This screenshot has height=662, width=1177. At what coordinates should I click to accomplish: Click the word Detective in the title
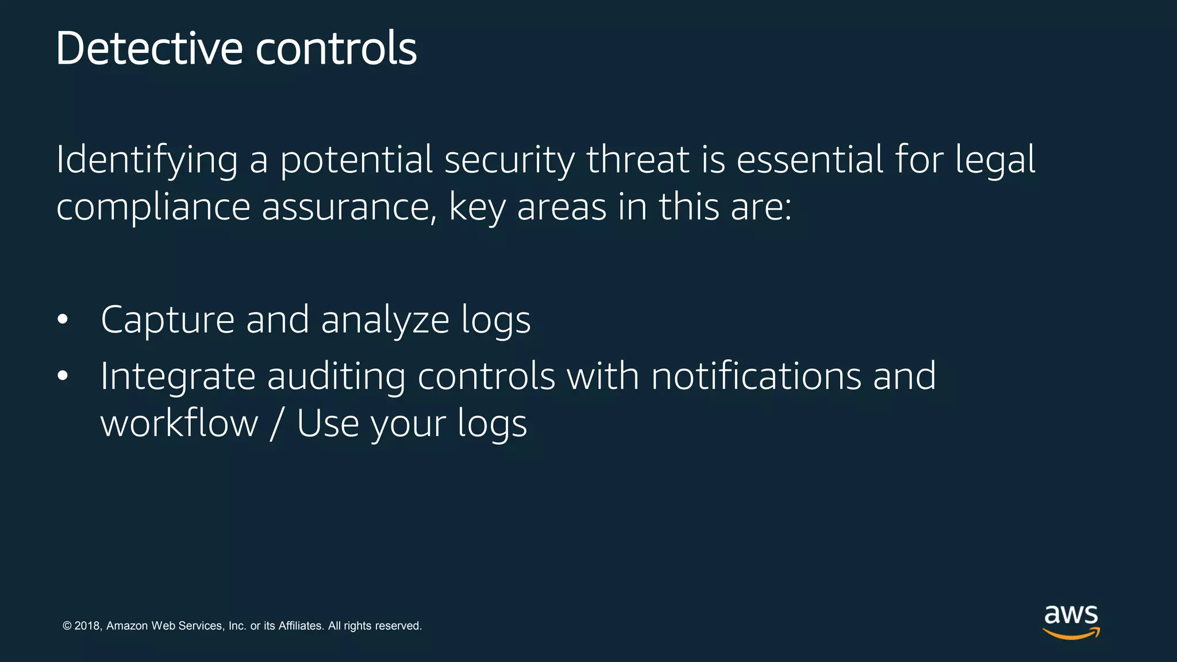pos(149,48)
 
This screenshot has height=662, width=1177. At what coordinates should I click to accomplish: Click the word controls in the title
pos(336,48)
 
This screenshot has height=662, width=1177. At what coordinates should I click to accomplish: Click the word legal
pos(995,161)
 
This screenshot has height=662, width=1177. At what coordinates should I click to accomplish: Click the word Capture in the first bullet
pos(167,320)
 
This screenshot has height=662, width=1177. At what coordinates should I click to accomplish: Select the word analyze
pos(385,320)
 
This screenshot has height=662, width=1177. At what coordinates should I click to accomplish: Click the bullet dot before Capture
pos(63,320)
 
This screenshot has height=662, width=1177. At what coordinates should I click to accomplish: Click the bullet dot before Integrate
pos(63,376)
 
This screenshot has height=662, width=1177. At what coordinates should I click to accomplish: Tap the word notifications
pos(756,376)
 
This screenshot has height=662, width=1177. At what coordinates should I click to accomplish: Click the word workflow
pos(179,424)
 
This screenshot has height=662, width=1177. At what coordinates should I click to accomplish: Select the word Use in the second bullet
pos(328,424)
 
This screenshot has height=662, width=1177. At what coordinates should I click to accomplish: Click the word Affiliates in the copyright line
pos(301,626)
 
